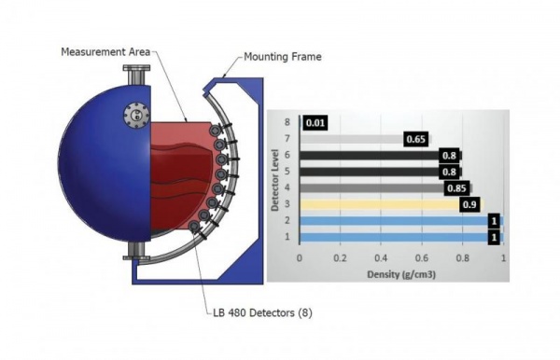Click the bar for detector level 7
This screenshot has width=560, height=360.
[355, 139]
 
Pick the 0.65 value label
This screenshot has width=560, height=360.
[416, 139]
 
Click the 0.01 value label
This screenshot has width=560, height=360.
[315, 122]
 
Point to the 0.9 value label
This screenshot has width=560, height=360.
[471, 204]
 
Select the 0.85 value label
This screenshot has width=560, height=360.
[456, 187]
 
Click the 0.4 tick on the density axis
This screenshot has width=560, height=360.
[381, 256]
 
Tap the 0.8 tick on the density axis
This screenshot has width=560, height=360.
[463, 256]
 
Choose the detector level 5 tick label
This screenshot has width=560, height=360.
[288, 172]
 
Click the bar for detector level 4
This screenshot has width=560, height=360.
[373, 187]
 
